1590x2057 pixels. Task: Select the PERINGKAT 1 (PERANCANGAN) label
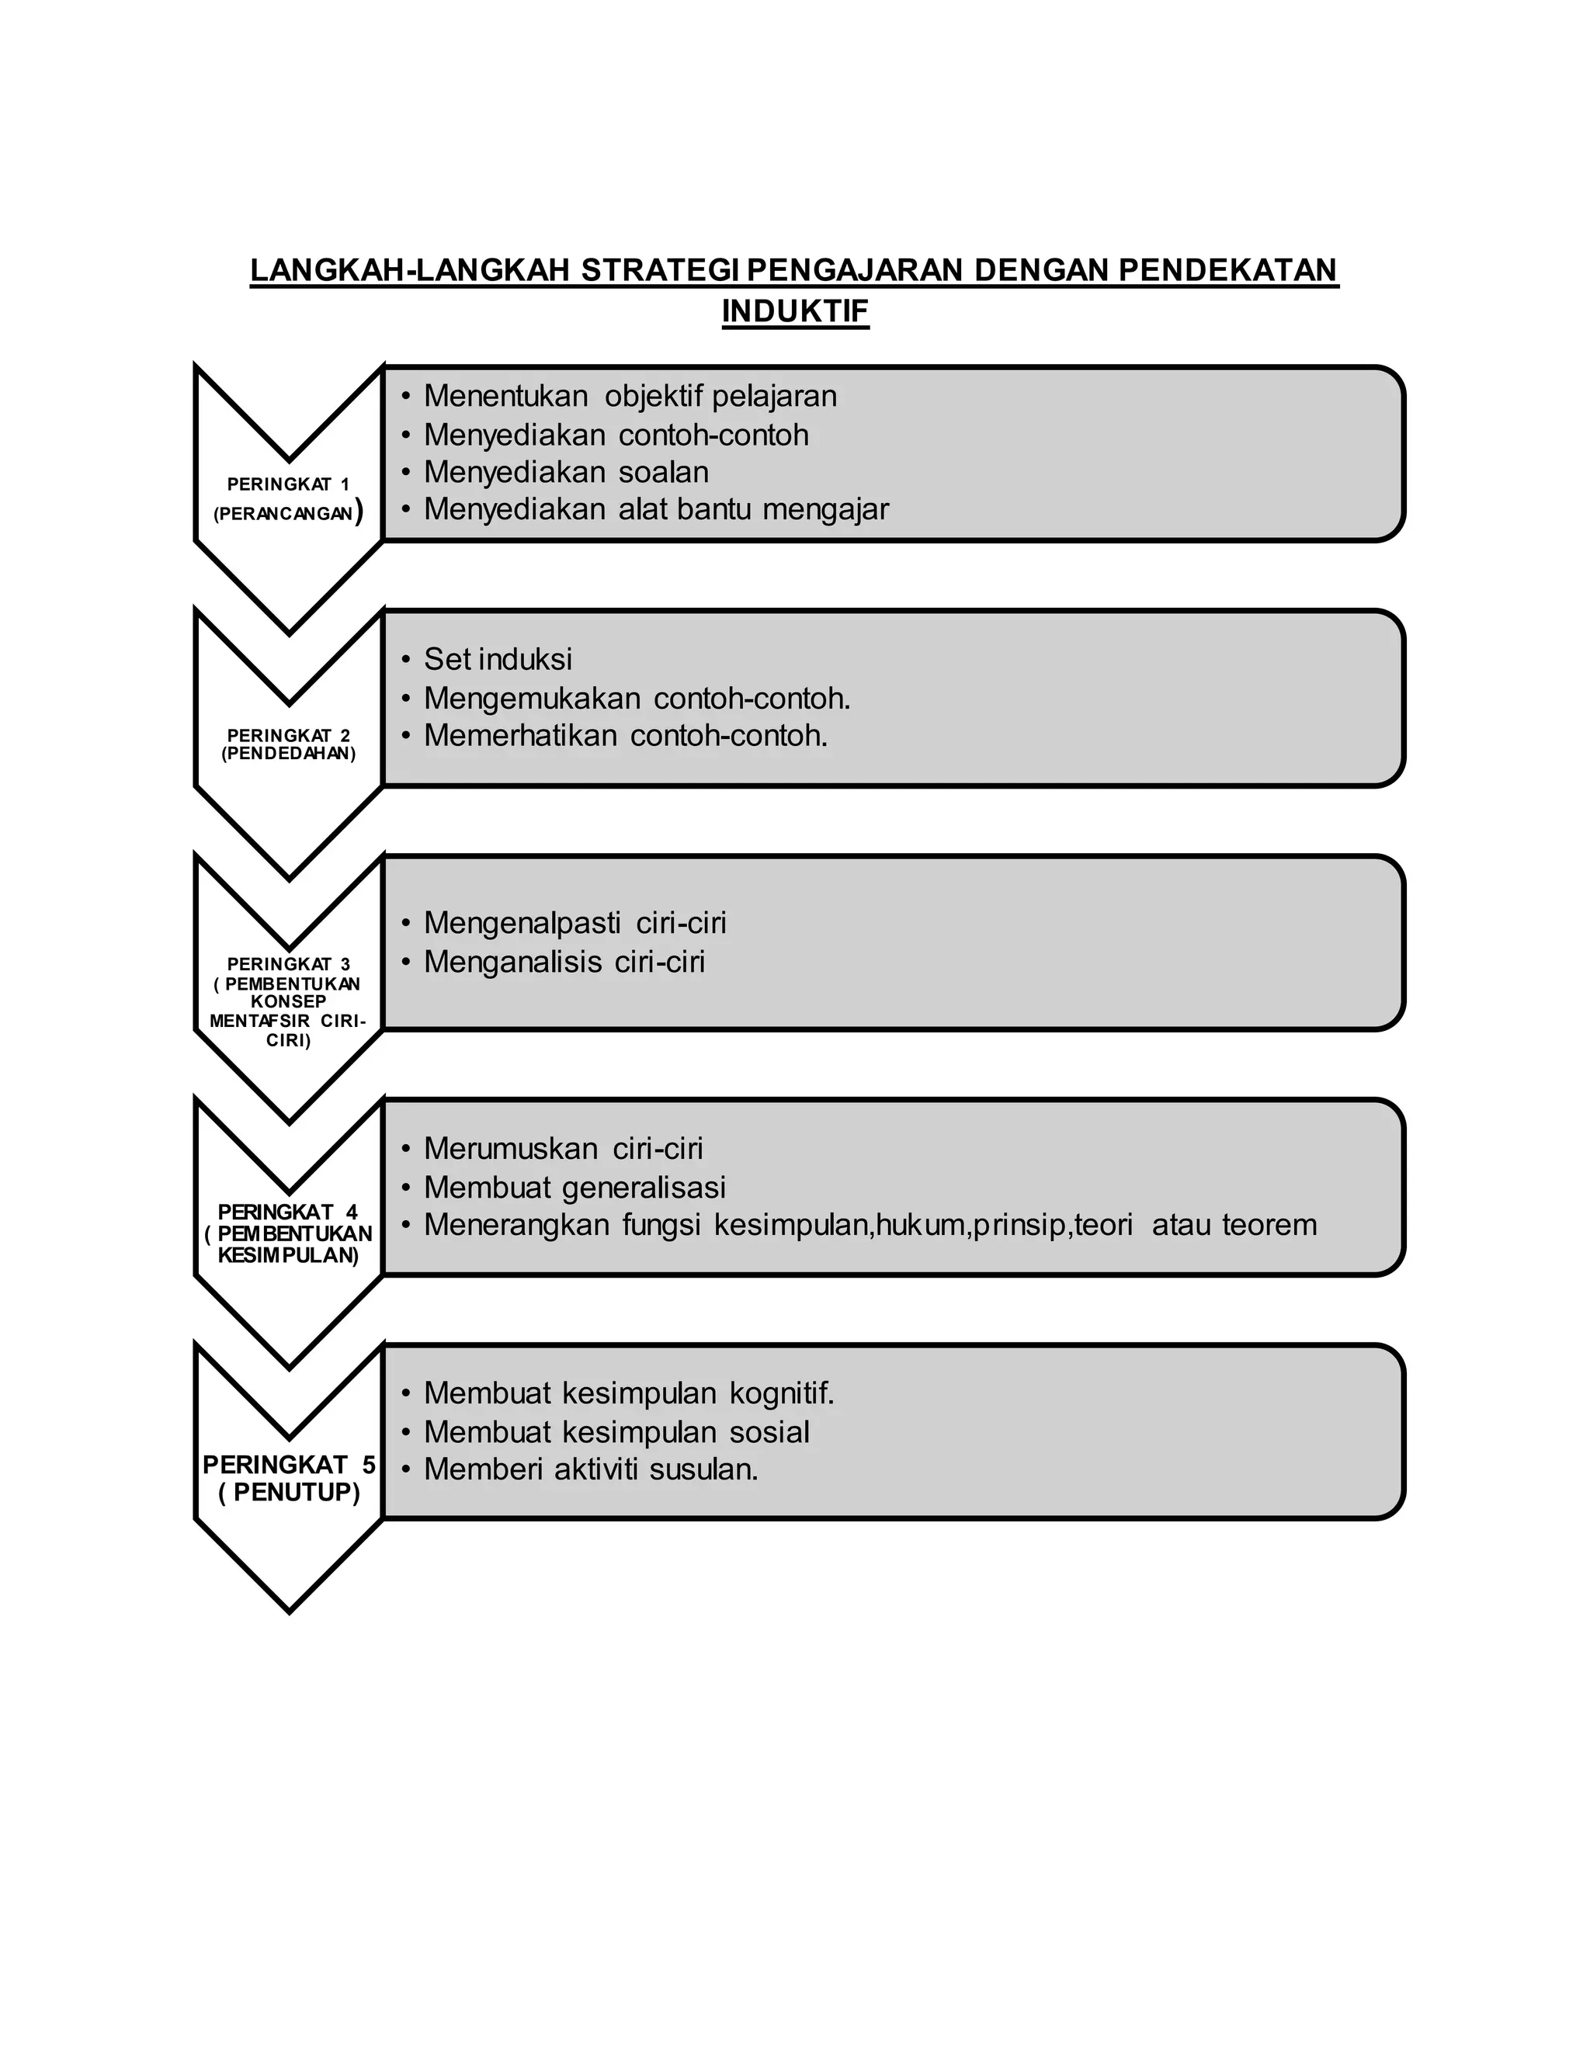288,499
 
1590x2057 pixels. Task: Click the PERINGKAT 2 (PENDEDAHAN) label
288,744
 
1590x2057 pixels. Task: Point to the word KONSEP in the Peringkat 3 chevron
288,1001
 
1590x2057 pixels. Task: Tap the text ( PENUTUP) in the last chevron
289,1493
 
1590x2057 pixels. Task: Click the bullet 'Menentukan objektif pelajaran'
629,397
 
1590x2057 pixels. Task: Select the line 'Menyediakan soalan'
565,472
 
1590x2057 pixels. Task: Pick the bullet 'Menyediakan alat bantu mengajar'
655,509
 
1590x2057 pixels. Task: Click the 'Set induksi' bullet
498,659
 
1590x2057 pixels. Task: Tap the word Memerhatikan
521,736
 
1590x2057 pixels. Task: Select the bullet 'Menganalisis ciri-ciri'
564,963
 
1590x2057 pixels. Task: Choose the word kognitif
782,1393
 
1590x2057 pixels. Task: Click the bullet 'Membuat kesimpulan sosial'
616,1433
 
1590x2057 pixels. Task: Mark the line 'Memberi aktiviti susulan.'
591,1469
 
